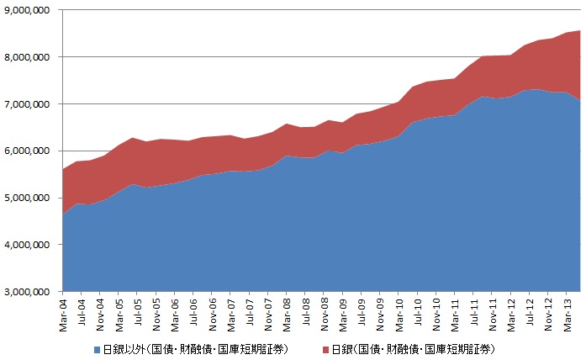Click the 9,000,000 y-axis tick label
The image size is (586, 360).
pyautogui.click(x=27, y=10)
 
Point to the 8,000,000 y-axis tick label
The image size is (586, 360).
pyautogui.click(x=27, y=57)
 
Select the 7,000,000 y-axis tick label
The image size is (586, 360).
pyautogui.click(x=27, y=104)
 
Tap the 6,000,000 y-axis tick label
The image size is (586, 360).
pyautogui.click(x=27, y=151)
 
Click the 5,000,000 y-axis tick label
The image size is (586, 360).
pyautogui.click(x=27, y=199)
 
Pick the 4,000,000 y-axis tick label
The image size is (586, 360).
pyautogui.click(x=27, y=245)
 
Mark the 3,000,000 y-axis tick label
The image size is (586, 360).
pyautogui.click(x=27, y=292)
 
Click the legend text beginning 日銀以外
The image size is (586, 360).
pyautogui.click(x=193, y=348)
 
